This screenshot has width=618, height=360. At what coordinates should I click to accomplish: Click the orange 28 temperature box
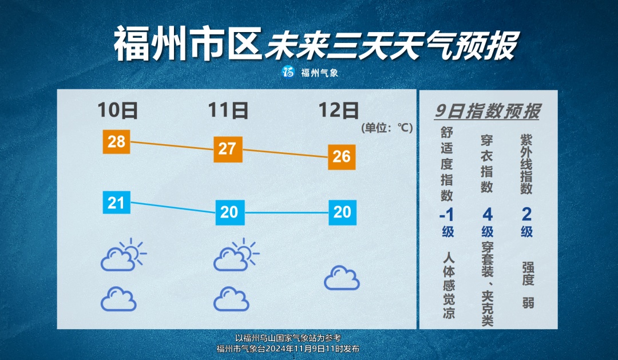116,141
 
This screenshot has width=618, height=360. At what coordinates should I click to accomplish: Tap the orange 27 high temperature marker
228,149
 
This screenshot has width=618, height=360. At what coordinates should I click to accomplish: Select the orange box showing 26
342,157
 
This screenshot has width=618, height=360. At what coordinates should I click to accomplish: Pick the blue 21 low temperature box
116,202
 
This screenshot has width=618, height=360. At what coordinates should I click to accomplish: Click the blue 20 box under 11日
230,212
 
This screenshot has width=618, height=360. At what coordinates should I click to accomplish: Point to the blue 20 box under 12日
343,212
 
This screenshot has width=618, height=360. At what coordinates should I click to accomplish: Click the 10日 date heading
117,110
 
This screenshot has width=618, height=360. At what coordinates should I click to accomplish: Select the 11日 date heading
228,110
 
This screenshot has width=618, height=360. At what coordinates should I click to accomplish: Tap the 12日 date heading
339,110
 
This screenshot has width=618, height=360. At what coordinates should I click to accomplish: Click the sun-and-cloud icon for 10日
123,255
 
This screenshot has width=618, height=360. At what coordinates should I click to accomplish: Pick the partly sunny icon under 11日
236,255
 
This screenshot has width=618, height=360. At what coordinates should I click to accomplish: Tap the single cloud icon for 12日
342,278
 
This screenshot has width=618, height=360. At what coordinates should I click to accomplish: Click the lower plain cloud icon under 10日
118,299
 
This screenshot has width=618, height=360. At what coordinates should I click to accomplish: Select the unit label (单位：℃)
387,128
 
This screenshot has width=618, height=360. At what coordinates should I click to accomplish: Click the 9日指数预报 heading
488,111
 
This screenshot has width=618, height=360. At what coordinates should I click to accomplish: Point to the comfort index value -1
447,215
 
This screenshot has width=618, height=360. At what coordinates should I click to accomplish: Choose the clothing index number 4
488,215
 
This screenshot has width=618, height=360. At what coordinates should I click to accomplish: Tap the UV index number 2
526,215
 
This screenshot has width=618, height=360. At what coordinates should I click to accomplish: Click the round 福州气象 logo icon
288,72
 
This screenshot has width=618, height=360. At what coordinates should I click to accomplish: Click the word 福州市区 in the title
188,43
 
